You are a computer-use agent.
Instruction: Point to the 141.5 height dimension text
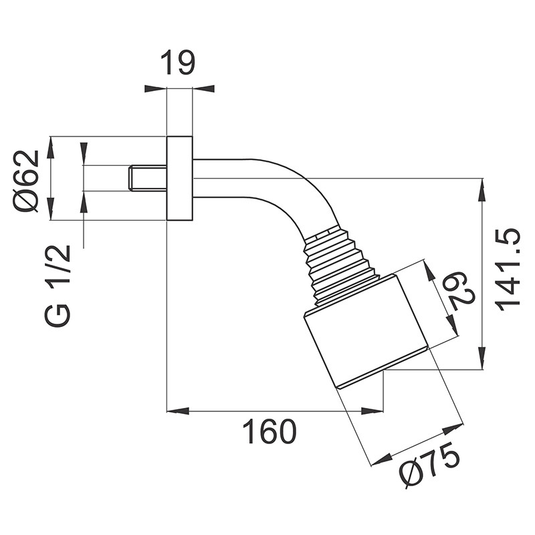(x=508, y=268)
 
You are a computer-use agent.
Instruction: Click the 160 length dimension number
(x=269, y=432)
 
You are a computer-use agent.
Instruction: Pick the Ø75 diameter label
(x=430, y=464)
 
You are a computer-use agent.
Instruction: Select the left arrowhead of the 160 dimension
(x=175, y=411)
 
